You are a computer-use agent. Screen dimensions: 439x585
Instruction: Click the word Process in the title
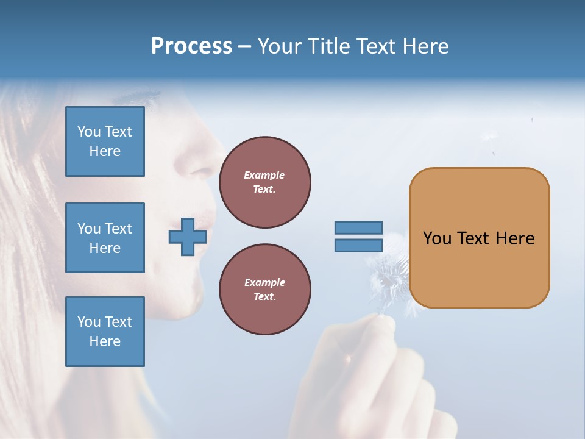point(191,46)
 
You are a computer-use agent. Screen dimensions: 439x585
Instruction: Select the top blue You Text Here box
point(105,141)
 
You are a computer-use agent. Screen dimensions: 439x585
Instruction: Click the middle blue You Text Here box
point(105,238)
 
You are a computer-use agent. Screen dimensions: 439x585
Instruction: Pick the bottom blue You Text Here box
point(105,332)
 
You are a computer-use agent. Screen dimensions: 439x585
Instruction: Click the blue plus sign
point(188,237)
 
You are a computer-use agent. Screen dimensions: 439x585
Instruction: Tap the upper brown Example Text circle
point(264,182)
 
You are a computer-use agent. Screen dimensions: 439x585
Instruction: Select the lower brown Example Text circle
point(264,290)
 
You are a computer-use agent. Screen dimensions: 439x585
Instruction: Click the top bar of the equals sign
point(358,227)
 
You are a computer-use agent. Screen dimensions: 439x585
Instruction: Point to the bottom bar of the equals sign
point(358,246)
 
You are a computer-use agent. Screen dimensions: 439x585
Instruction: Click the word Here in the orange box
point(515,238)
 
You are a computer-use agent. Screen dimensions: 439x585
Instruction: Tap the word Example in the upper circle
point(264,175)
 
